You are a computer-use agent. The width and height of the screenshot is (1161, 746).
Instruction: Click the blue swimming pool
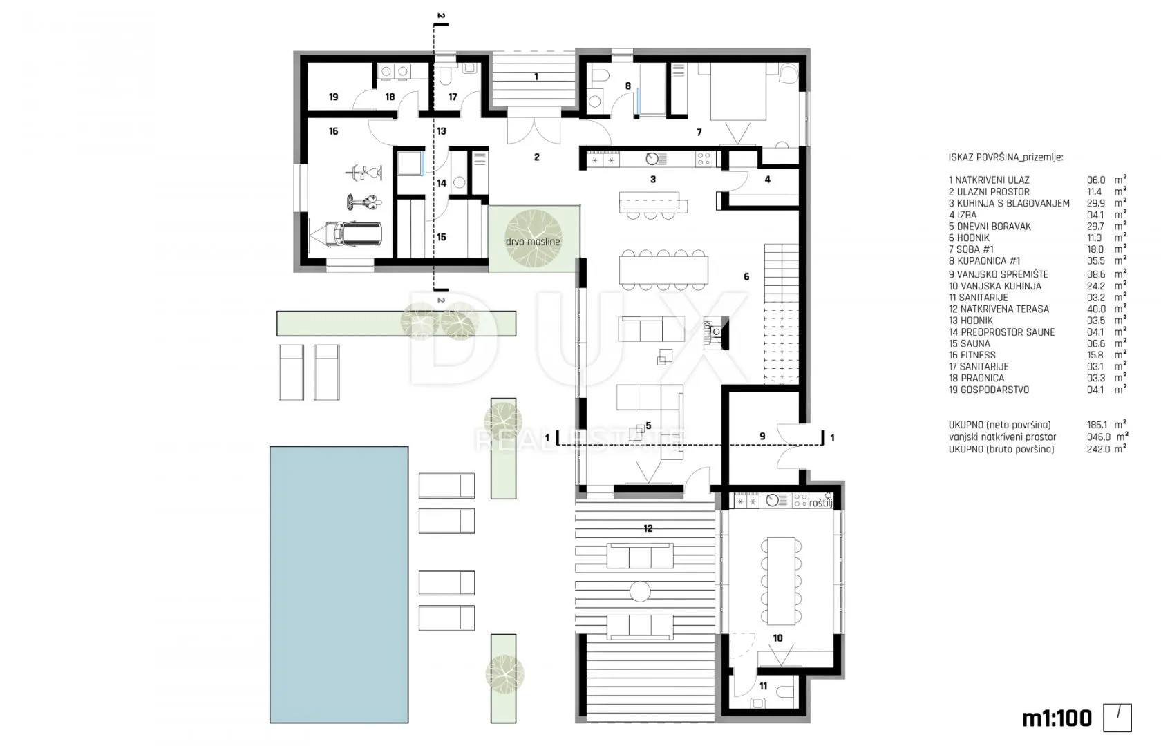click(x=339, y=584)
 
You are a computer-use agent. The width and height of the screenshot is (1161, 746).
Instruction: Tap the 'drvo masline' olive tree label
click(x=533, y=242)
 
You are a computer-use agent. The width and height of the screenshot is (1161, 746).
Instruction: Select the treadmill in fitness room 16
click(x=346, y=233)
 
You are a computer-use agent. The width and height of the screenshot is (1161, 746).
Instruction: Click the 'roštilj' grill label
click(x=820, y=503)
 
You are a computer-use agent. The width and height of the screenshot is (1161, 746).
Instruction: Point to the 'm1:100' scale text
click(x=1056, y=718)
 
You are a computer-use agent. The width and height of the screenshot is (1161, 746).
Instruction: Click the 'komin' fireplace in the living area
click(x=716, y=333)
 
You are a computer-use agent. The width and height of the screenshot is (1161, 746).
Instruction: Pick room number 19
click(x=333, y=97)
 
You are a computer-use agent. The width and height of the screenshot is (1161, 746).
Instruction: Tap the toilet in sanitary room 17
click(x=445, y=76)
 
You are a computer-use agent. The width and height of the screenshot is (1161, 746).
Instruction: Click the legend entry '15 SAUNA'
click(x=969, y=343)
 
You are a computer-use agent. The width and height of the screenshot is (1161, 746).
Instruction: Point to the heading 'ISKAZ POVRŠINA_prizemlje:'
click(x=1006, y=157)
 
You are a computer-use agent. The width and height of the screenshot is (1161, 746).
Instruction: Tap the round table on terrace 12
click(x=640, y=591)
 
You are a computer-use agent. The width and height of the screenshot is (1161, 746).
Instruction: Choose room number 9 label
click(x=762, y=437)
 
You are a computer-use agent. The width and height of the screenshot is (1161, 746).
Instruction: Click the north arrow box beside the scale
click(x=1117, y=718)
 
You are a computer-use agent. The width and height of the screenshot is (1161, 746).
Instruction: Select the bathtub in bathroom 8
click(x=652, y=88)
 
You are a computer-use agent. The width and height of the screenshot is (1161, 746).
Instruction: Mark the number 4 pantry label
click(x=767, y=180)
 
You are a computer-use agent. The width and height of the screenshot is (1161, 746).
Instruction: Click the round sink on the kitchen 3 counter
click(x=652, y=159)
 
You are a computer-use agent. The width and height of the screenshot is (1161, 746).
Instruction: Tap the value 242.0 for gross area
click(x=1096, y=449)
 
